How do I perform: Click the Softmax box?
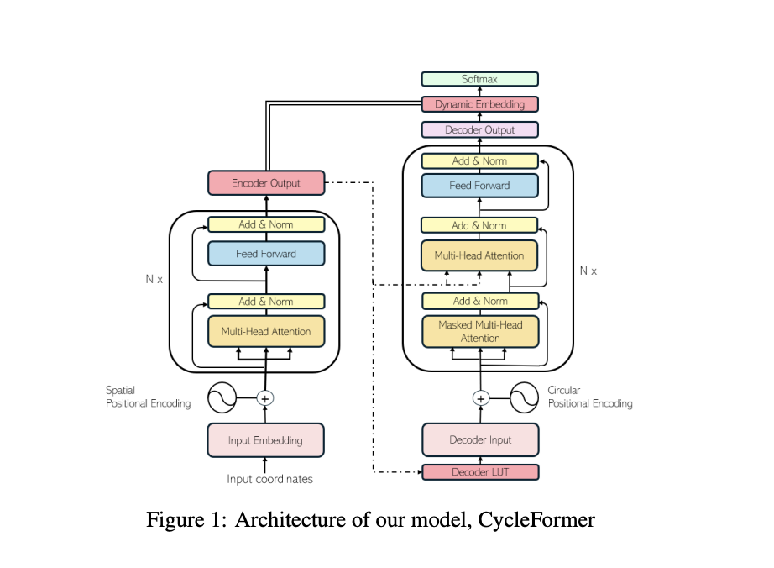click(479, 79)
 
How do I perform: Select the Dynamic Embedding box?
click(479, 104)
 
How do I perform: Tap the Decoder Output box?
click(479, 130)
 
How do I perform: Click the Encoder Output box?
click(265, 183)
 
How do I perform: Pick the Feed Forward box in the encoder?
click(265, 254)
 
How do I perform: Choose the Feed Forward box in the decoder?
click(479, 186)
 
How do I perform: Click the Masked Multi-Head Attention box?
click(479, 331)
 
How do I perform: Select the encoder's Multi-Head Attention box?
click(265, 331)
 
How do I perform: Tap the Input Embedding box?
click(265, 440)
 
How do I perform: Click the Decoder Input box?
click(479, 440)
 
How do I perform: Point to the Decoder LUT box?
click(479, 472)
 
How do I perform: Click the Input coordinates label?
click(269, 479)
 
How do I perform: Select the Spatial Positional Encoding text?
click(148, 397)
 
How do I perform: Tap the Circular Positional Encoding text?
click(589, 397)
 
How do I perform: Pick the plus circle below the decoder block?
click(480, 398)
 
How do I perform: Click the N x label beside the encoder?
click(154, 278)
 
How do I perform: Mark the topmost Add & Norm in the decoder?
click(479, 160)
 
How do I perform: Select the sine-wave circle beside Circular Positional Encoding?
click(523, 398)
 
